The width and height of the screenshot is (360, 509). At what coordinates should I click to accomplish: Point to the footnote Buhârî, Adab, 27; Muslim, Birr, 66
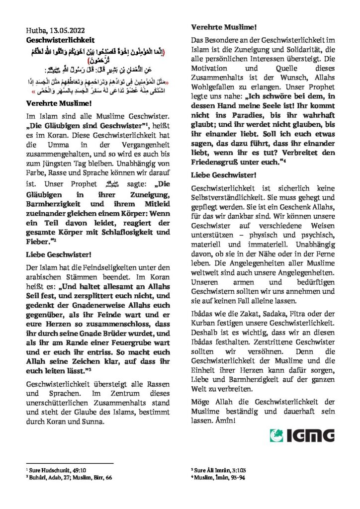pos(70,477)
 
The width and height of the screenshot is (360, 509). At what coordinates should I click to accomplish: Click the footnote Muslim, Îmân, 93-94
pos(219,477)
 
